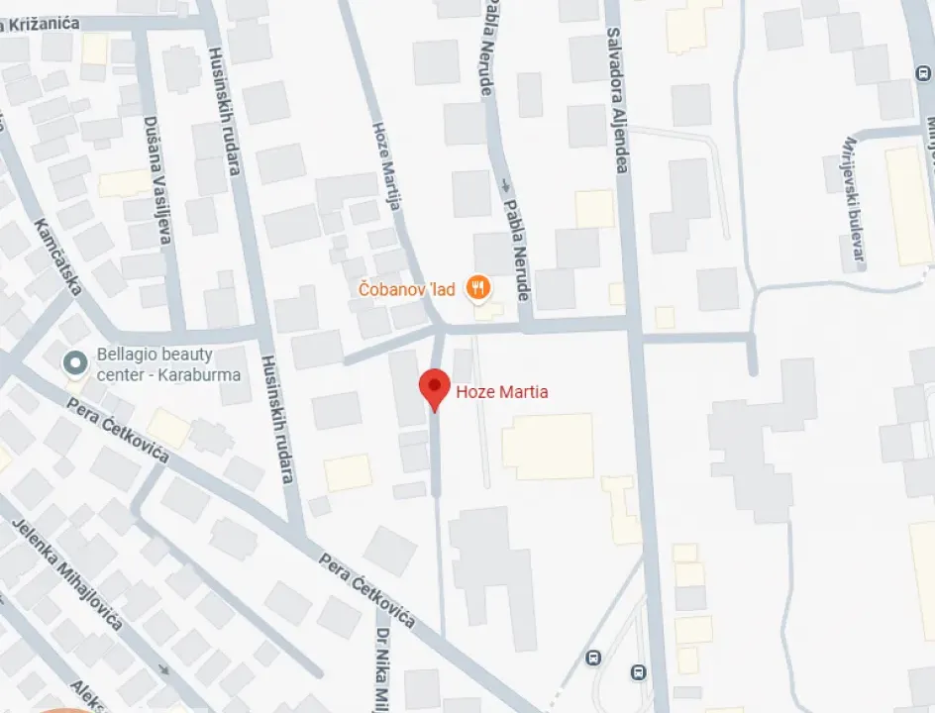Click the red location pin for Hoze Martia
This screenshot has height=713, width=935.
434,387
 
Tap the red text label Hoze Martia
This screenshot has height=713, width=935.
501,392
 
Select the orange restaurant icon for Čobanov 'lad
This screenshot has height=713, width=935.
478,288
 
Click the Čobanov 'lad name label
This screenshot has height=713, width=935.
407,289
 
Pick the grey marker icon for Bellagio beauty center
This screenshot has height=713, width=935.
73,364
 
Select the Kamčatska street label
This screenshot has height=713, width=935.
58,257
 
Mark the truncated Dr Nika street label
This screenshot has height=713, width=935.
383,668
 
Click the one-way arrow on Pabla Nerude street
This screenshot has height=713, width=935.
506,185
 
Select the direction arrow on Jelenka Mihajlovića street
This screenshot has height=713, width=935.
163,670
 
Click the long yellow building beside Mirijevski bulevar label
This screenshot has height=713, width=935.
907,206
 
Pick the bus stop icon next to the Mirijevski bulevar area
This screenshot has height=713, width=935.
922,74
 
